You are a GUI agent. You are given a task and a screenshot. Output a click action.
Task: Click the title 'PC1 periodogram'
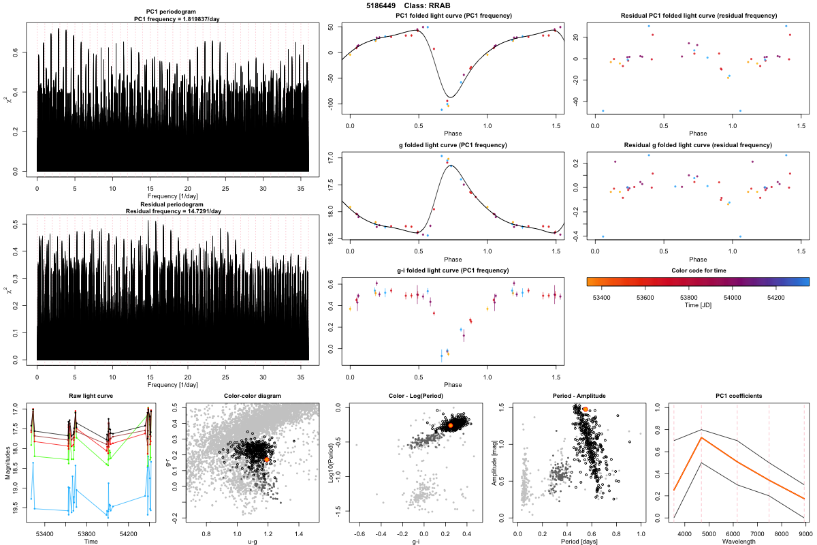point(173,14)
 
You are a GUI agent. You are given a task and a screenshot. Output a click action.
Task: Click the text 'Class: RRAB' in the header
point(431,5)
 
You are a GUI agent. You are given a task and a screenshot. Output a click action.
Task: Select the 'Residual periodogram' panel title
point(173,204)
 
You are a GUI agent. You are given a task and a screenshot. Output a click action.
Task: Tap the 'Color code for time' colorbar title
point(697,270)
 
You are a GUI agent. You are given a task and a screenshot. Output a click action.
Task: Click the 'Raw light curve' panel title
point(91,396)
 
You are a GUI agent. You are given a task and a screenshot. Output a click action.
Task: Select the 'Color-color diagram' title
point(252,396)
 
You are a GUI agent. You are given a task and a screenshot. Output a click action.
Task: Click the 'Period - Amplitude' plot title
point(577,396)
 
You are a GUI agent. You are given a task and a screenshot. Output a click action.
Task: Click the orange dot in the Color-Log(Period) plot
point(451,425)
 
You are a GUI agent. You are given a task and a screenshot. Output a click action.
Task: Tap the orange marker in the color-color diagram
point(268,461)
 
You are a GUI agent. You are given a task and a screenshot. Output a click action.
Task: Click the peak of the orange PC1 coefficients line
point(701,438)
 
